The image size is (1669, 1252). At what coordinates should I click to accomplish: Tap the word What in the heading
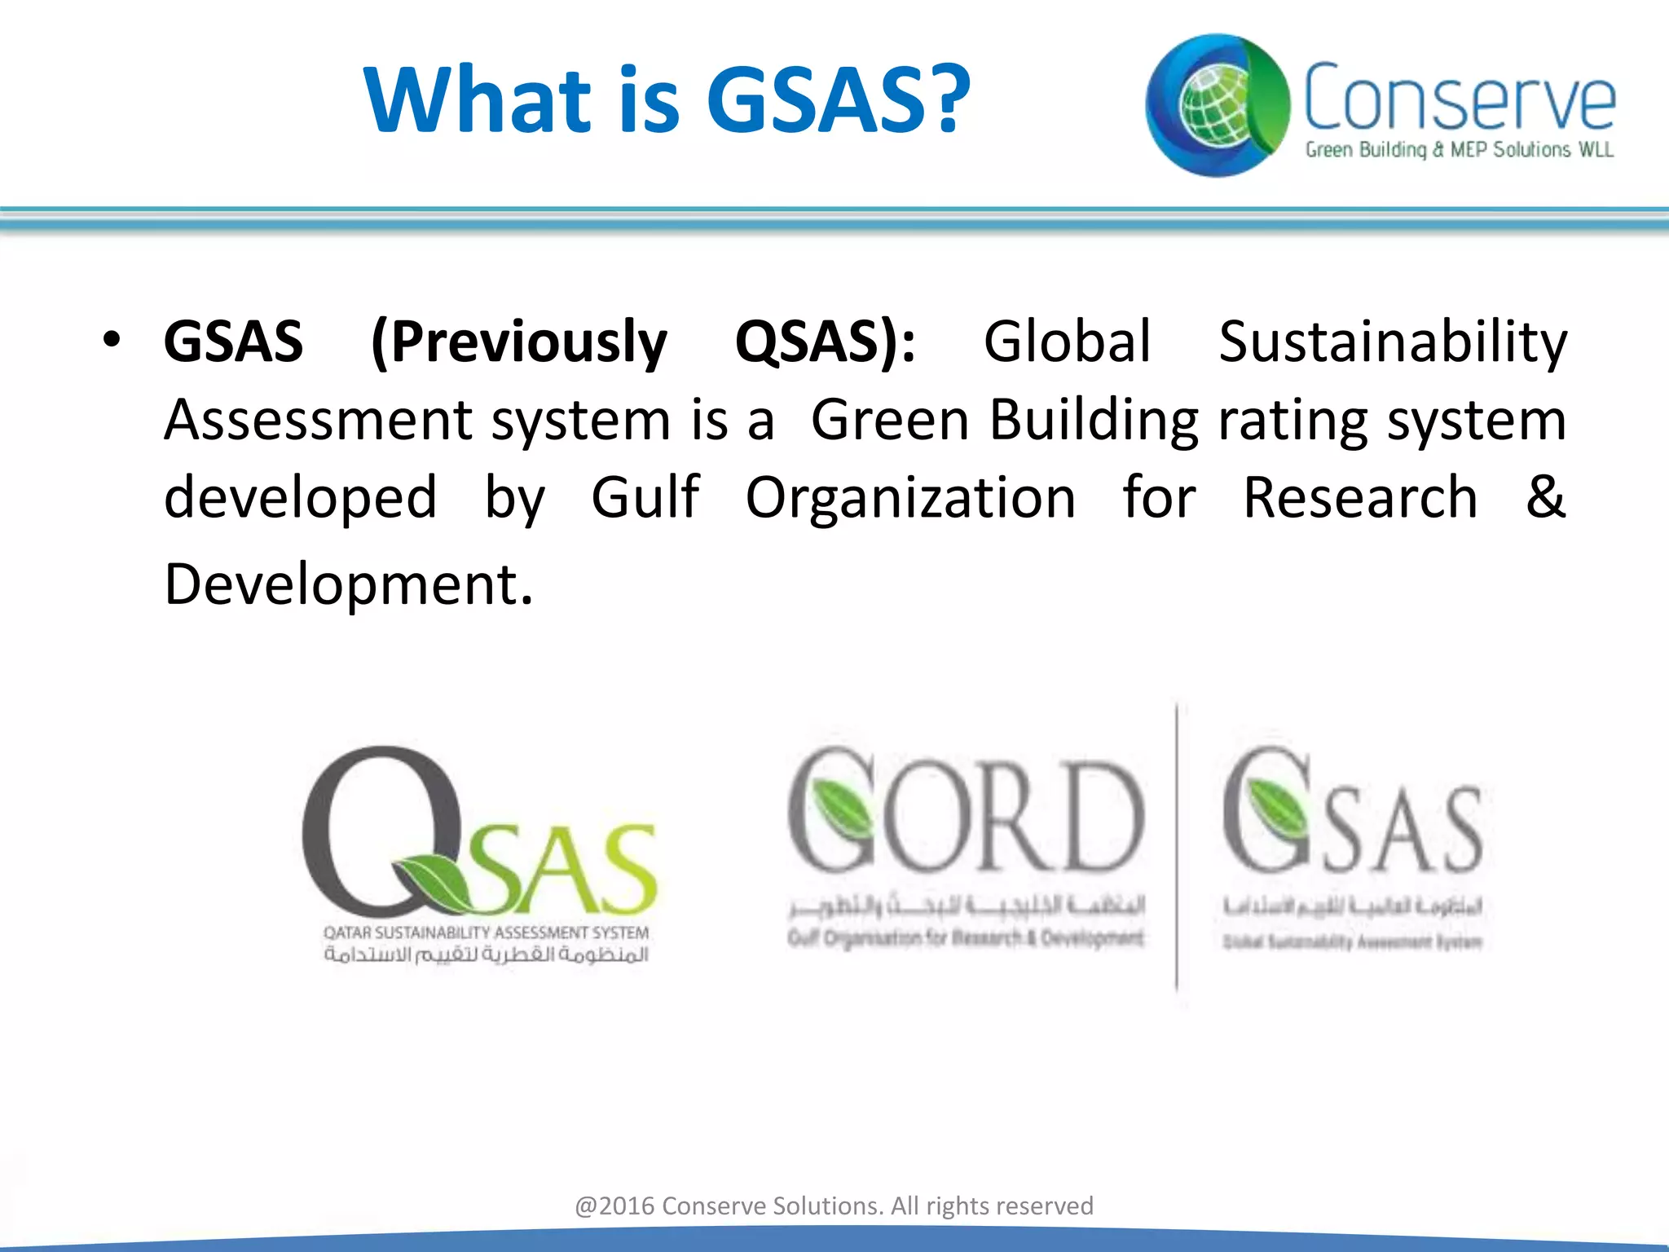(x=478, y=99)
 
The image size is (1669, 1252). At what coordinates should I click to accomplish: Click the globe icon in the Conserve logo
(x=1214, y=106)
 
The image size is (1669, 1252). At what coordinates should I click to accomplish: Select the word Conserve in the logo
(x=1459, y=98)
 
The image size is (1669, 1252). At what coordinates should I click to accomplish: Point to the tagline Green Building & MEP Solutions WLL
(x=1459, y=150)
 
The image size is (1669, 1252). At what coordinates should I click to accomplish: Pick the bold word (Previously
(x=518, y=342)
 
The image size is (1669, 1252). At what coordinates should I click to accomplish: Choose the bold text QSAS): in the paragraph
(x=825, y=342)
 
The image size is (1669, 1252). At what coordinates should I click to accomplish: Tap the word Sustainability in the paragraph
(x=1392, y=342)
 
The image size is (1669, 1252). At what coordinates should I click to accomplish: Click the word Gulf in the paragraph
(x=645, y=497)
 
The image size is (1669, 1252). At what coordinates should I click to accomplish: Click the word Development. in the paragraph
(x=349, y=584)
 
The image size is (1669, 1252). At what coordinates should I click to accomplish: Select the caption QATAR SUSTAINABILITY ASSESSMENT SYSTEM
(x=486, y=932)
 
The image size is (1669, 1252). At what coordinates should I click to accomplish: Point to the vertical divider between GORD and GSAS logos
(x=1176, y=848)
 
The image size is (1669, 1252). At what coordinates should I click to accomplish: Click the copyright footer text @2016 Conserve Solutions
(x=834, y=1206)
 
